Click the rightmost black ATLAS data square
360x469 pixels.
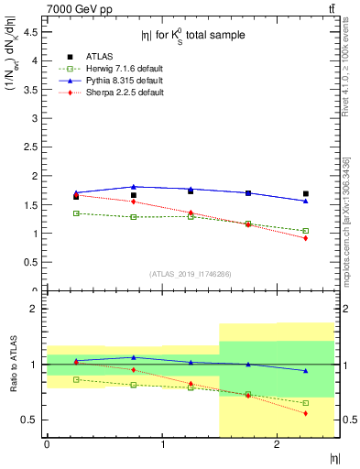(306, 193)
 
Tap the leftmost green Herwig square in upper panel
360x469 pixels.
(76, 213)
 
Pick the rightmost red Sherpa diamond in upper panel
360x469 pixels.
(306, 238)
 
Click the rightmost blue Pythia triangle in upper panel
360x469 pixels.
(306, 201)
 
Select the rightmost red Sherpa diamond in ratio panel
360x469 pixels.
(306, 413)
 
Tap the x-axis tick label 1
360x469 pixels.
(163, 443)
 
